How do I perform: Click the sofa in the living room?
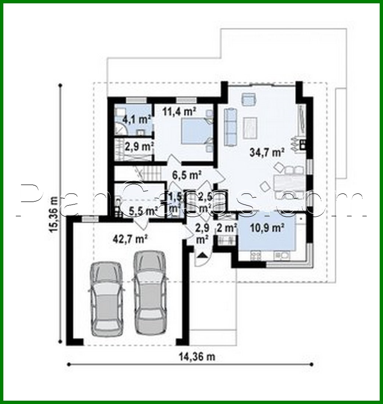pyautogui.click(x=231, y=126)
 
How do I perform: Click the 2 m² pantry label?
pyautogui.click(x=227, y=228)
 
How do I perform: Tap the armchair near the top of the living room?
pyautogui.click(x=249, y=98)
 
